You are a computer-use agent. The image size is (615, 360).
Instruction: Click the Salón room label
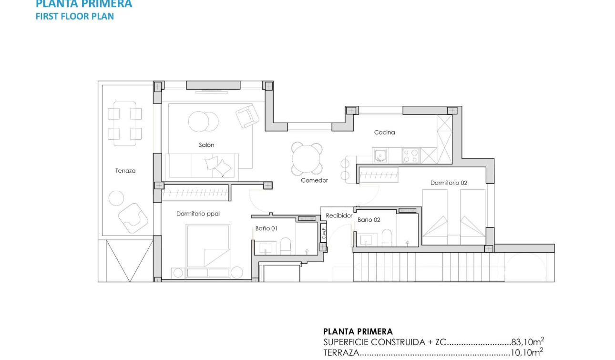(206, 145)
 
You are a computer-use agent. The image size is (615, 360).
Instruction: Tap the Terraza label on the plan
(125, 171)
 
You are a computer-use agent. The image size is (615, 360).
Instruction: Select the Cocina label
(384, 133)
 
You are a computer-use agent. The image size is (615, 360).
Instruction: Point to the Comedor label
(314, 181)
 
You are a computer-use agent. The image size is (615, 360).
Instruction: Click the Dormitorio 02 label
(449, 183)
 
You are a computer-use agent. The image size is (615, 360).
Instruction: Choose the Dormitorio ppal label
(198, 214)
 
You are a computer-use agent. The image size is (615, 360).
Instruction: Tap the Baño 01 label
(266, 228)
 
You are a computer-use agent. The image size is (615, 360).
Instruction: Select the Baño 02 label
(369, 220)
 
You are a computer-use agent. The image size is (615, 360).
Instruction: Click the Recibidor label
(339, 216)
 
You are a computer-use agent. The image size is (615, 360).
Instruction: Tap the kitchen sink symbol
(381, 155)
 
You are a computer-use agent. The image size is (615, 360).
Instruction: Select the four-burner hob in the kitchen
(411, 155)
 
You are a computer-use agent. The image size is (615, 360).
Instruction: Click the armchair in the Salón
(247, 116)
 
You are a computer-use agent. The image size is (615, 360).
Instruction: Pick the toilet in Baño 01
(286, 246)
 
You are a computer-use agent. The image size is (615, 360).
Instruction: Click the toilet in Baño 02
(387, 238)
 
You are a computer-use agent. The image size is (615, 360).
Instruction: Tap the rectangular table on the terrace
(124, 123)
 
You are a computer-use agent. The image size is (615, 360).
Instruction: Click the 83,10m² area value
(528, 342)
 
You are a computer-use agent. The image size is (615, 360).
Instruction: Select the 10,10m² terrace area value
(527, 353)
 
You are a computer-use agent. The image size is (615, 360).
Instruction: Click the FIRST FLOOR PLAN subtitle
(75, 16)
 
